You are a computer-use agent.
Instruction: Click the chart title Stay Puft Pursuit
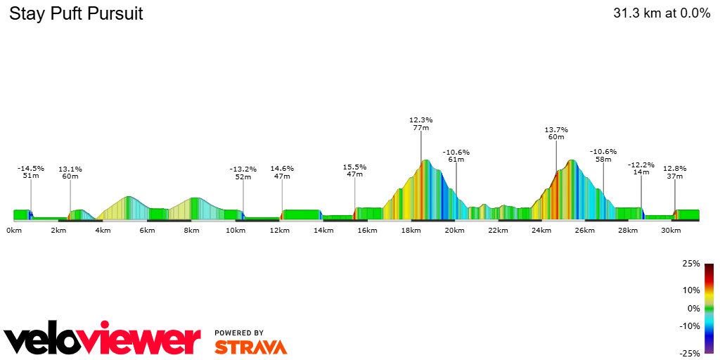[x=76, y=14]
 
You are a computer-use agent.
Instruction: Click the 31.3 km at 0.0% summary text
[x=662, y=13]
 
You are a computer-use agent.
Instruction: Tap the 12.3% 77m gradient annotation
[x=421, y=124]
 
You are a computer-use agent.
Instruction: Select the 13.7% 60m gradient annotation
[x=556, y=133]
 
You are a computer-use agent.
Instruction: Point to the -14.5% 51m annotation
[x=31, y=172]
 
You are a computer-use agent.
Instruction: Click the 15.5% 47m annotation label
[x=354, y=170]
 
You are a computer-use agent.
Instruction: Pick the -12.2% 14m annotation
[x=641, y=168]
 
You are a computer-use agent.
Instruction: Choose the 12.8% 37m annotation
[x=674, y=172]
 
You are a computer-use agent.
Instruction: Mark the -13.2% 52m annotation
[x=243, y=173]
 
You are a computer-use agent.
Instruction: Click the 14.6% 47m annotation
[x=282, y=172]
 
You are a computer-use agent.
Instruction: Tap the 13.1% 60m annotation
[x=70, y=173]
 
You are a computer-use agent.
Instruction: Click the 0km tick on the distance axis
[x=14, y=231]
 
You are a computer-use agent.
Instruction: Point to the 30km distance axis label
[x=673, y=231]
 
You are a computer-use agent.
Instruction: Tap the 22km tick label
[x=498, y=231]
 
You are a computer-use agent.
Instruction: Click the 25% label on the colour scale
[x=692, y=264]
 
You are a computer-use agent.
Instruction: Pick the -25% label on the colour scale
[x=690, y=354]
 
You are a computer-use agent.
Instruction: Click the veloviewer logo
[x=102, y=340]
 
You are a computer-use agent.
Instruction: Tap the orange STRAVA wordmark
[x=250, y=347]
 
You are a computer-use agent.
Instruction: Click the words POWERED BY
[x=239, y=333]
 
